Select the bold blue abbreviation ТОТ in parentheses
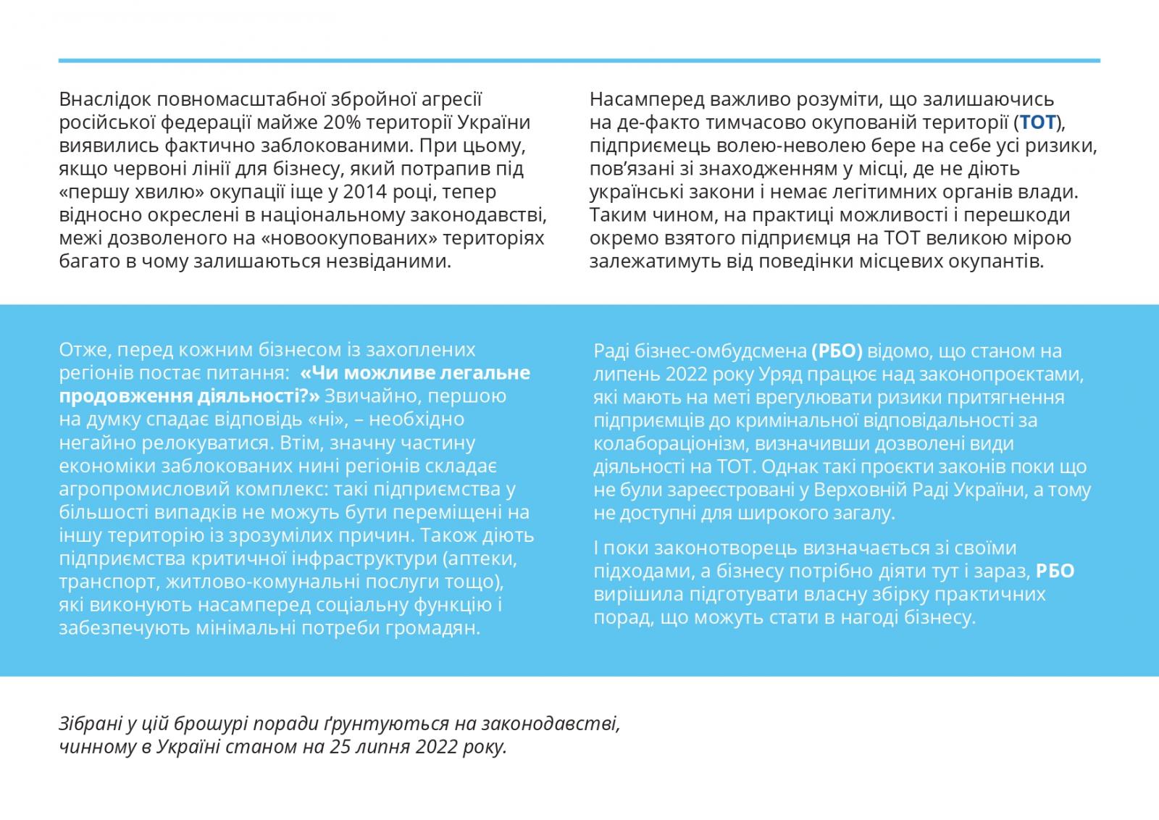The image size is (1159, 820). (x=1038, y=122)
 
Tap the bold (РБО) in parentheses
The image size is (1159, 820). (x=837, y=351)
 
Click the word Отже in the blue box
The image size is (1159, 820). (x=82, y=350)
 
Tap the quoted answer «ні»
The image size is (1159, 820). (x=322, y=419)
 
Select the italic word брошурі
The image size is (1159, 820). (x=222, y=724)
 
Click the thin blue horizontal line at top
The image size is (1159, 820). (x=579, y=61)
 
